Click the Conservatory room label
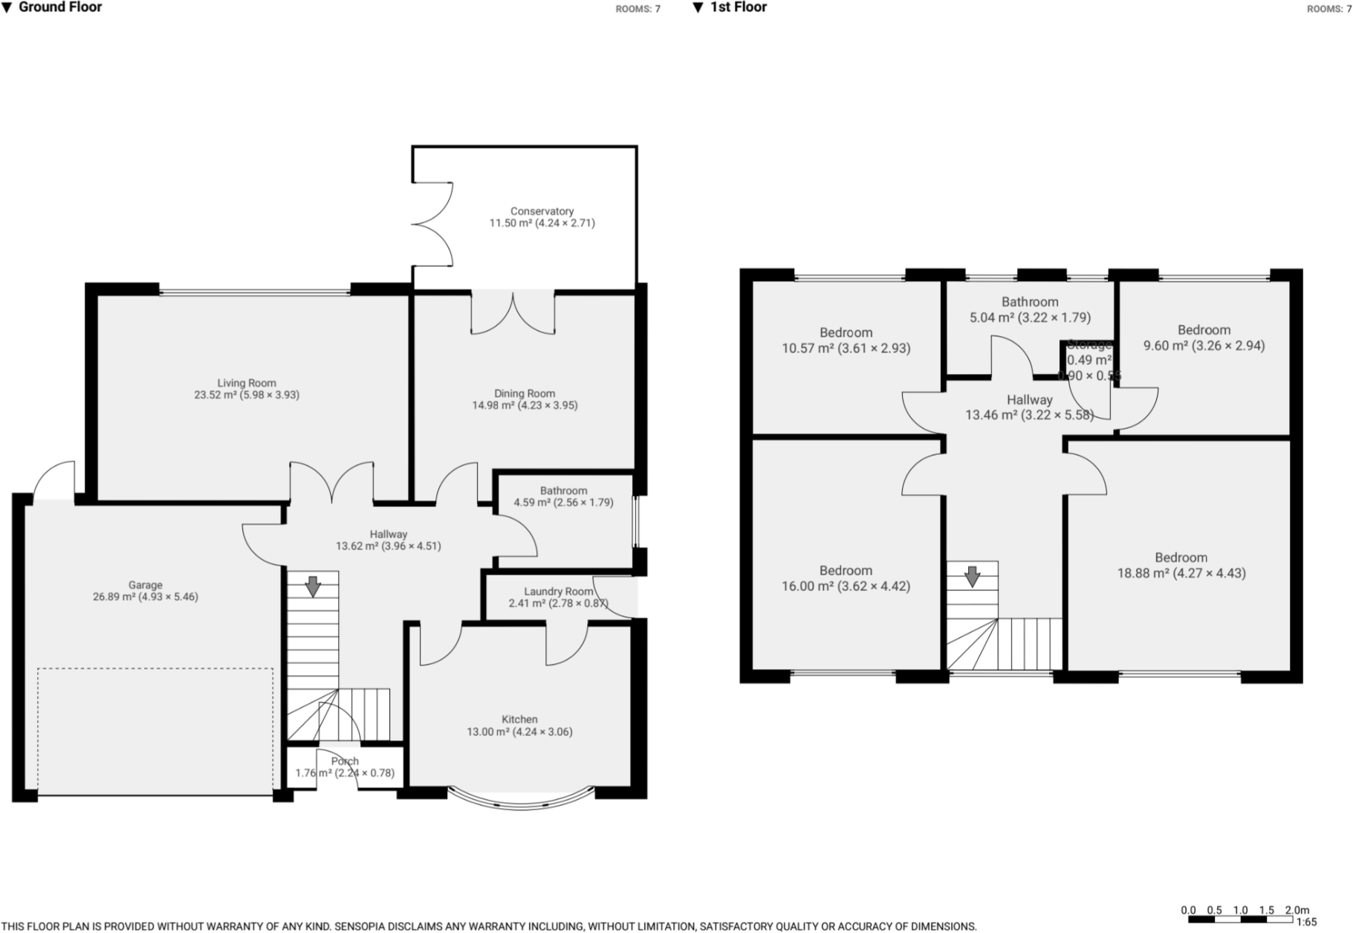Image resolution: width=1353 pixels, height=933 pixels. [542, 211]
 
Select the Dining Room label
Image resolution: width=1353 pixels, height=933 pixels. [525, 393]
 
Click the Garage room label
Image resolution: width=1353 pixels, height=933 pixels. [145, 585]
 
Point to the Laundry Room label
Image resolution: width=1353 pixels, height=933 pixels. [558, 592]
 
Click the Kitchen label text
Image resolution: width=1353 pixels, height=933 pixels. [519, 719]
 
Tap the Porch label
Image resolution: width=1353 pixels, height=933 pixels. [345, 761]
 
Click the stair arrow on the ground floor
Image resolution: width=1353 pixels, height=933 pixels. [313, 587]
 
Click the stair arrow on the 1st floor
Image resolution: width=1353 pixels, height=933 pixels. [972, 576]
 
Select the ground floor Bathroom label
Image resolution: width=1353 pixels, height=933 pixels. [563, 491]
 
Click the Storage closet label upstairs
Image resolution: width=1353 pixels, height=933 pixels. [1089, 345]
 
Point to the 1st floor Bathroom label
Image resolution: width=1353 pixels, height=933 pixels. [1030, 302]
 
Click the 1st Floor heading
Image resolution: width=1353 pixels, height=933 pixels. [738, 7]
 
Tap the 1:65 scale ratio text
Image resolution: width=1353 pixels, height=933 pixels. [1306, 923]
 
